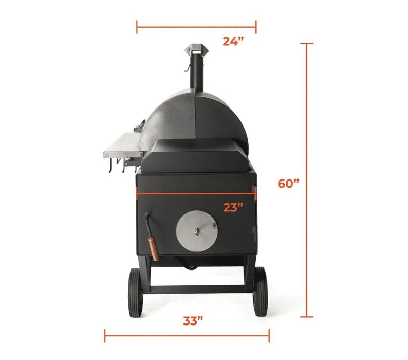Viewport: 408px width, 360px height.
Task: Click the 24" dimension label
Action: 233,42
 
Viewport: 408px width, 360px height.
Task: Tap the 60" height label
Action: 288,184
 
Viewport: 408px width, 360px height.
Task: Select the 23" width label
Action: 233,208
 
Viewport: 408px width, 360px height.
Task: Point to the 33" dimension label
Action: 193,321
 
